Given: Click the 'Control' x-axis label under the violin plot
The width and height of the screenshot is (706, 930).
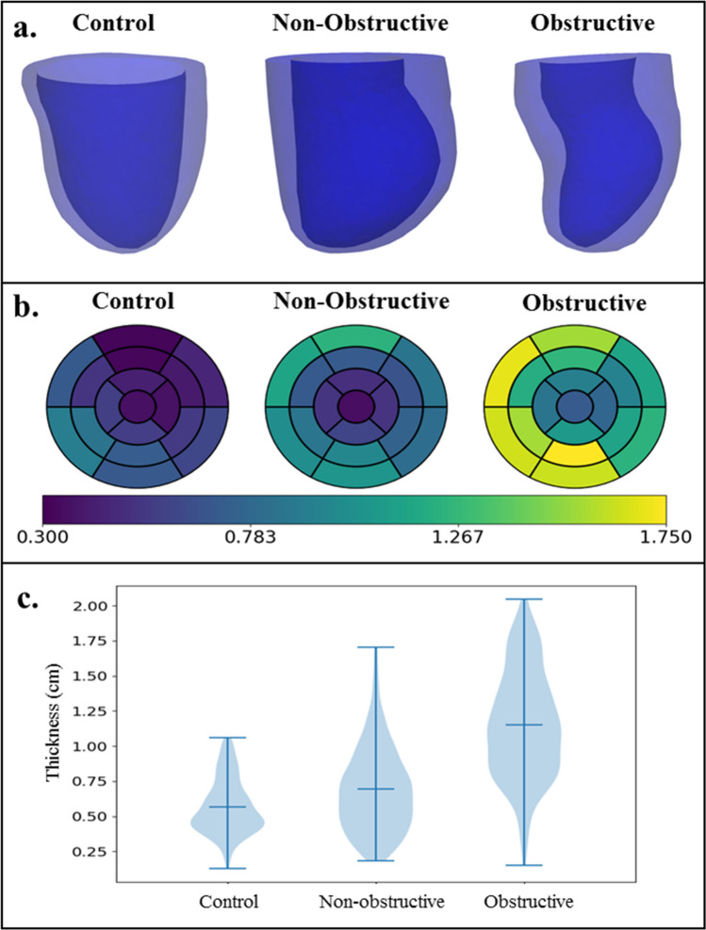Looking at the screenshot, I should [227, 903].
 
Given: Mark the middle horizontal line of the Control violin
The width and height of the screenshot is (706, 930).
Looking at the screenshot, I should [227, 808].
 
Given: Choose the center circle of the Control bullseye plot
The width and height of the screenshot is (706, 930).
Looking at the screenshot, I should [138, 407].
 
